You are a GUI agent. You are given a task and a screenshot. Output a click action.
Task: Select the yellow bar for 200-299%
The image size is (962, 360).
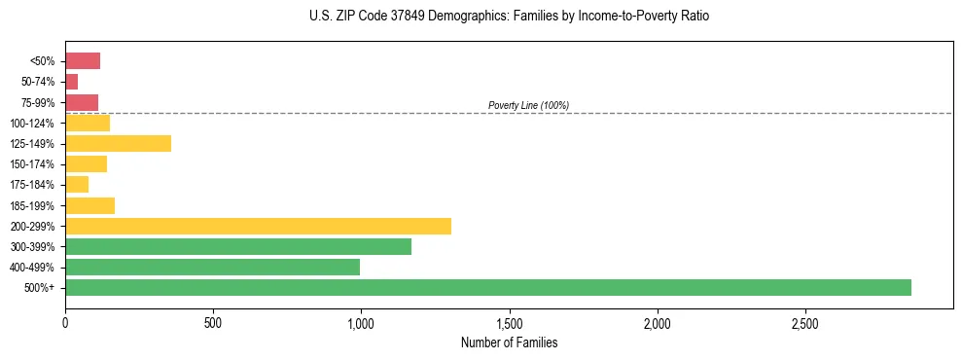pos(258,226)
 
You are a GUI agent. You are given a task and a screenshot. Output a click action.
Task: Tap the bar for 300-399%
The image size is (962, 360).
pos(238,246)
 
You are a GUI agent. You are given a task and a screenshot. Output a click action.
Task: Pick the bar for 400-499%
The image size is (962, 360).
pos(212,267)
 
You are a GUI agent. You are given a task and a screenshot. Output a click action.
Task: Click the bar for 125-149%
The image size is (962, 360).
pos(118,143)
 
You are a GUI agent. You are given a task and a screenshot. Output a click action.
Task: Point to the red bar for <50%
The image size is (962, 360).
pos(83,61)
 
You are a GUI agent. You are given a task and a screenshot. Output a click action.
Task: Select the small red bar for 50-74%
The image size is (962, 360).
pos(71,82)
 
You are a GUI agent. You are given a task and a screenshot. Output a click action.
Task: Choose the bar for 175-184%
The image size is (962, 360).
pos(77,185)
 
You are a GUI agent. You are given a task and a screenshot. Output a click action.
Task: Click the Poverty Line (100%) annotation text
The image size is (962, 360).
pos(528,105)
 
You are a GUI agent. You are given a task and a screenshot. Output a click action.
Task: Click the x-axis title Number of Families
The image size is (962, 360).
pos(509,342)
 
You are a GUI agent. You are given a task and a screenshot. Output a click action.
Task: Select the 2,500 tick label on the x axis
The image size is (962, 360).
pos(805,322)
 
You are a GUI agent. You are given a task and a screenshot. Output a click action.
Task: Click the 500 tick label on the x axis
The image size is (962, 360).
pos(213,322)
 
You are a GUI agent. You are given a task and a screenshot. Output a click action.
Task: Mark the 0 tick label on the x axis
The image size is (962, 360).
pos(65,322)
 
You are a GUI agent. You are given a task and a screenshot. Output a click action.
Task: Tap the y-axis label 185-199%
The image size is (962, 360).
pos(32,205)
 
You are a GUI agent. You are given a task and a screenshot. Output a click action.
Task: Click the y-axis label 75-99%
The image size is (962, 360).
pos(38,102)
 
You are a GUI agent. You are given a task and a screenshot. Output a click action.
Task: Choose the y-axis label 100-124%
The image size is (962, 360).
pos(32,123)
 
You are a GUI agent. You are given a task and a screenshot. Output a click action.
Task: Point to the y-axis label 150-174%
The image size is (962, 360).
pos(32,164)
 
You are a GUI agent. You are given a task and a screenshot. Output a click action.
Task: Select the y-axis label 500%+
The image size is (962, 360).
pos(40,288)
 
